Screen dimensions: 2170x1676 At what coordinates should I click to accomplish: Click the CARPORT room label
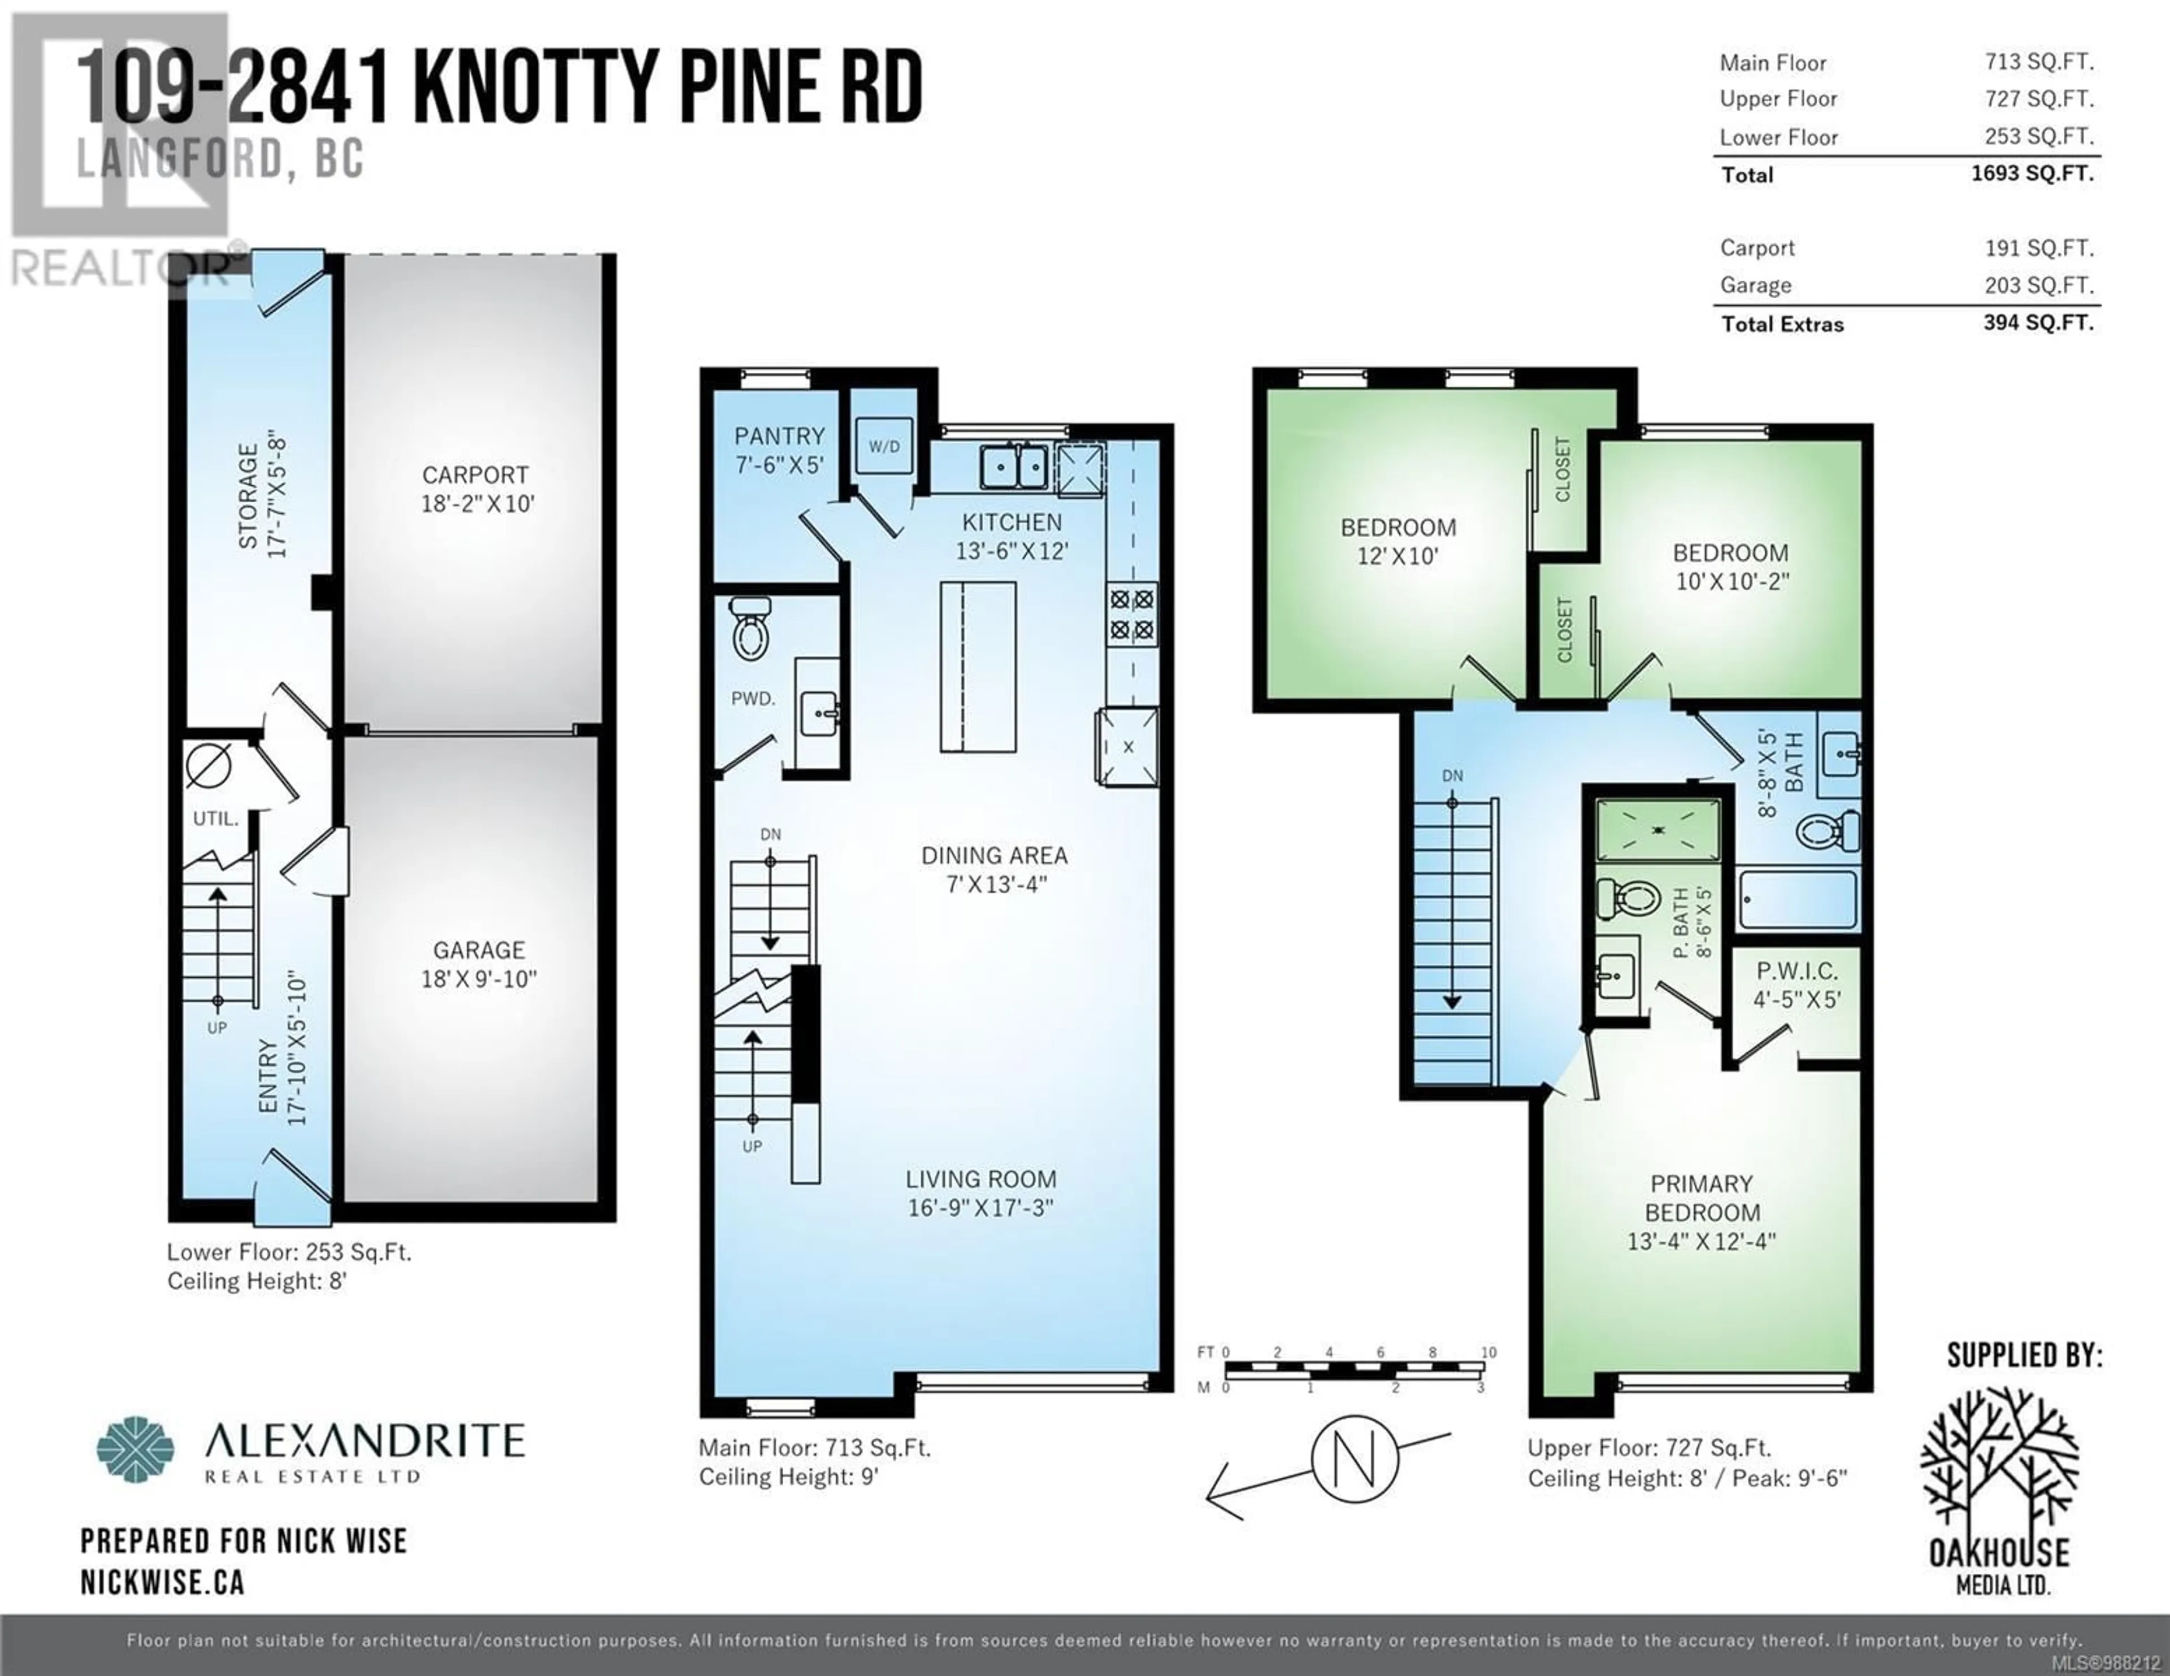pos(475,475)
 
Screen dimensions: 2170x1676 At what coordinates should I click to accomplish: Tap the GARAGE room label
pos(478,950)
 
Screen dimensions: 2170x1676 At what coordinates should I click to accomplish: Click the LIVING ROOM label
pos(980,1179)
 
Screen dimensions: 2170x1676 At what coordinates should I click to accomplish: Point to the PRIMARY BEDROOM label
pos(1702,1198)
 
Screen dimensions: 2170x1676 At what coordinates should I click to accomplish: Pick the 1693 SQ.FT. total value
pos(2033,173)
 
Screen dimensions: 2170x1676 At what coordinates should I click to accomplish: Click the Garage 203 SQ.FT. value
pos(2039,285)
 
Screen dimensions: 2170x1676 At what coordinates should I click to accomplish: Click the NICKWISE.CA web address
pos(163,1583)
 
